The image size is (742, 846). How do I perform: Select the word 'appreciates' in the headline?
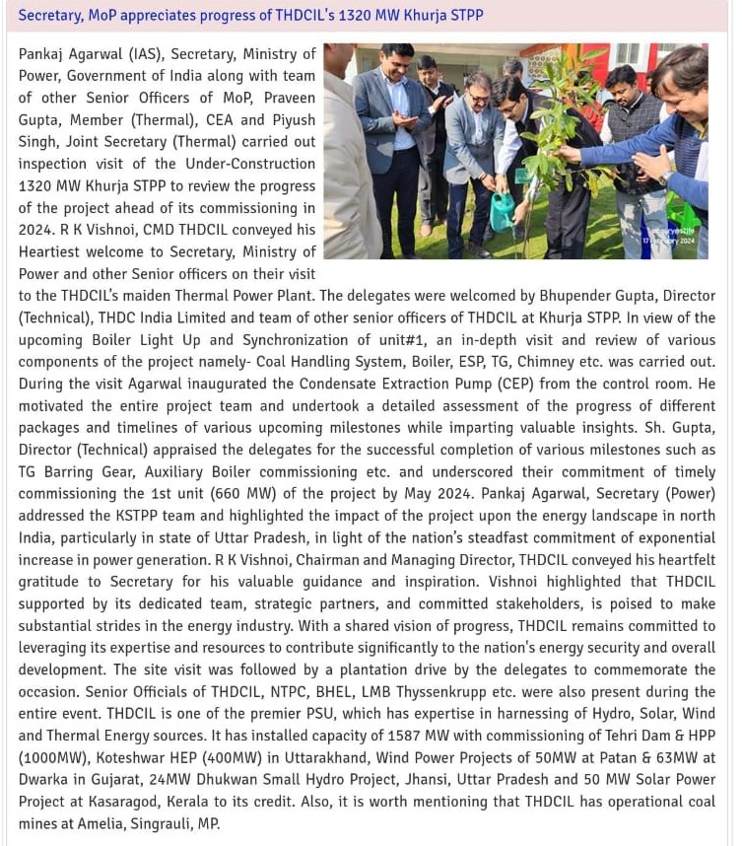[164, 16]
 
